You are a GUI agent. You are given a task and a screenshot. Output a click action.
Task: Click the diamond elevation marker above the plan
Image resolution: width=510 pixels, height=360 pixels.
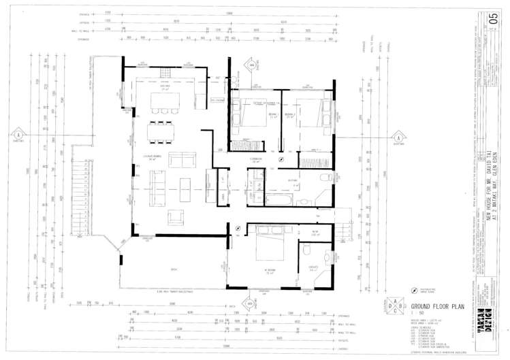point(251,65)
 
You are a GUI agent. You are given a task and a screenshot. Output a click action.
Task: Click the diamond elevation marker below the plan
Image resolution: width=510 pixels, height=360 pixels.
point(250,303)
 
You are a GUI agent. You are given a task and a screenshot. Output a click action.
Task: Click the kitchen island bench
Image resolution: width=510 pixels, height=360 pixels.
point(162,101)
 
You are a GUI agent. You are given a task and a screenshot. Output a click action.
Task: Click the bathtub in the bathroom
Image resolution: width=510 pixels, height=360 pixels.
point(277,200)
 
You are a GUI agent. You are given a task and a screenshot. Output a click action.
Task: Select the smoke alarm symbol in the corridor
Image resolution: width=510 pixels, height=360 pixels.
point(281,157)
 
